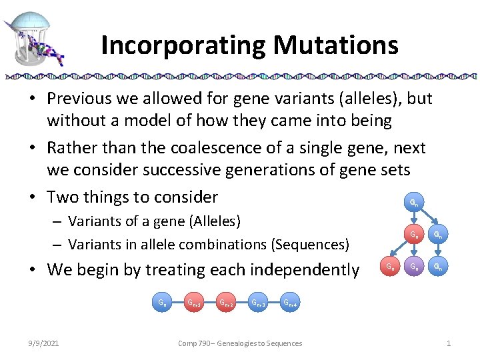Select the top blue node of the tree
click(414, 202)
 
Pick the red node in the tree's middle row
click(414, 235)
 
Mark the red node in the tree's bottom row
click(390, 267)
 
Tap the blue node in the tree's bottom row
click(438, 267)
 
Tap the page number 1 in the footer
click(449, 343)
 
